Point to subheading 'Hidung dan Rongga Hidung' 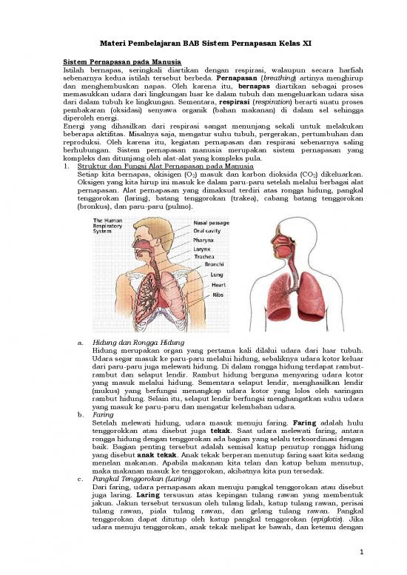135,342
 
